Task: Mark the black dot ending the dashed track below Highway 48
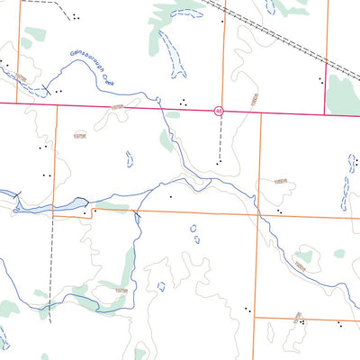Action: (218, 163)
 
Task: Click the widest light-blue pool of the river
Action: (36, 206)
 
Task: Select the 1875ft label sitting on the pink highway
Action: (116, 107)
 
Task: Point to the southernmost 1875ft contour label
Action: (121, 290)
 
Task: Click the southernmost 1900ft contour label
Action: (298, 315)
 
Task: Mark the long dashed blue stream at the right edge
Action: (346, 184)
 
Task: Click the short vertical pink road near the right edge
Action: (326, 86)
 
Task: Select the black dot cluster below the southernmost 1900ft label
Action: (302, 322)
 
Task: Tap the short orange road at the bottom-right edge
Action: (306, 318)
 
